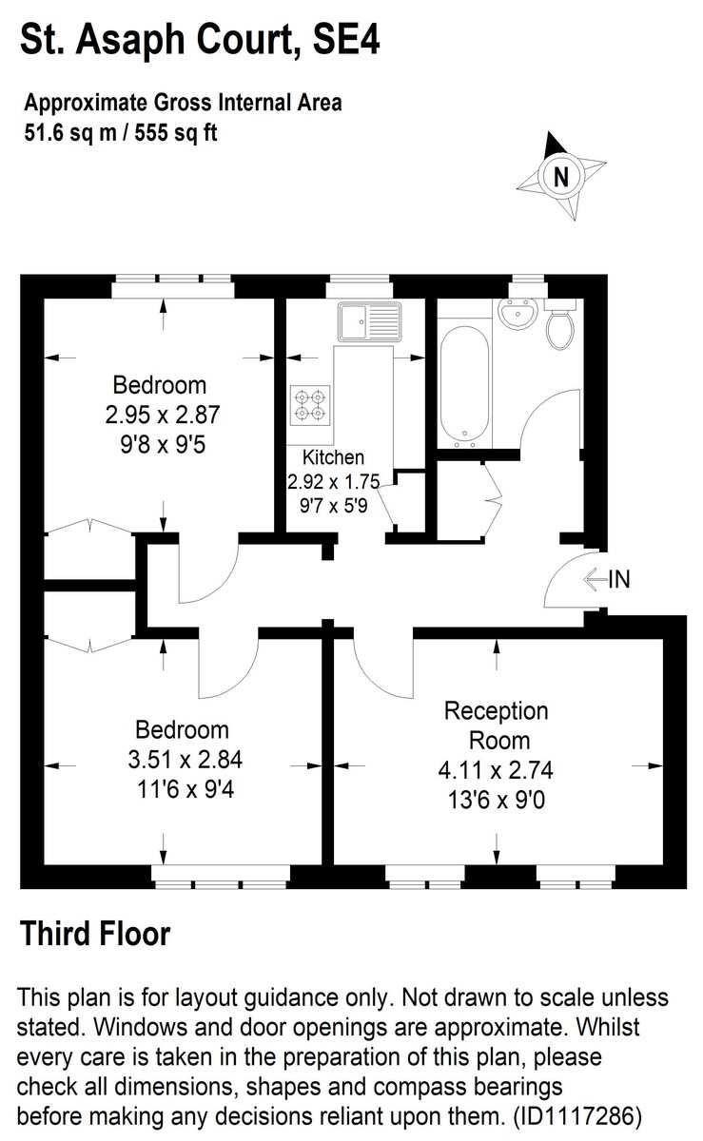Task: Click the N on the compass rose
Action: tap(561, 176)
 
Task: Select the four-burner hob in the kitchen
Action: tap(310, 404)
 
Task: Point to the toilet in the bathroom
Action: tap(559, 324)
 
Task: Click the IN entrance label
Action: tap(619, 579)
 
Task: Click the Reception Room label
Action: tap(497, 725)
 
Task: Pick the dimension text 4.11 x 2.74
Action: tap(497, 770)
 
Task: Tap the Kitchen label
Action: tap(332, 457)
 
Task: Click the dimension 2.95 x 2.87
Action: tap(159, 415)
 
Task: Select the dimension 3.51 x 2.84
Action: tap(182, 760)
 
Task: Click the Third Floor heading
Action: tap(95, 934)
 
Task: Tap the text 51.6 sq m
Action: tap(66, 132)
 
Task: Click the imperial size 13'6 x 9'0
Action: tap(497, 799)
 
